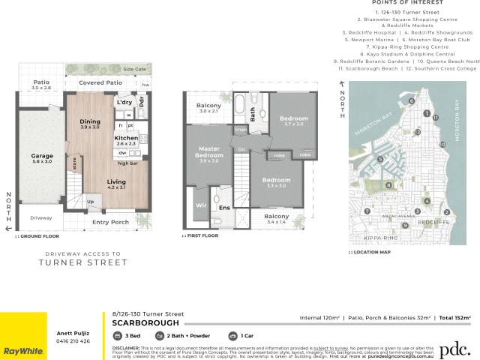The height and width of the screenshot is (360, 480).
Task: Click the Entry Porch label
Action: (110, 222)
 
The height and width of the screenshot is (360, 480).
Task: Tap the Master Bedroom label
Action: (202, 151)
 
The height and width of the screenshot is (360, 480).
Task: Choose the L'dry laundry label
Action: (124, 100)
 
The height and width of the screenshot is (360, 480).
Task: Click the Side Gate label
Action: (134, 69)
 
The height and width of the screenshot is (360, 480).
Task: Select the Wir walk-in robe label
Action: (200, 204)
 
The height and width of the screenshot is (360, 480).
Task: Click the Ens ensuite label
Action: (223, 208)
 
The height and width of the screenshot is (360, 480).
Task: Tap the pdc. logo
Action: (454, 349)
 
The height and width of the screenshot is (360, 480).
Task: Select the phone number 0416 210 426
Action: (73, 340)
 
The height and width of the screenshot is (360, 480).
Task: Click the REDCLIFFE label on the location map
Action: (433, 223)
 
